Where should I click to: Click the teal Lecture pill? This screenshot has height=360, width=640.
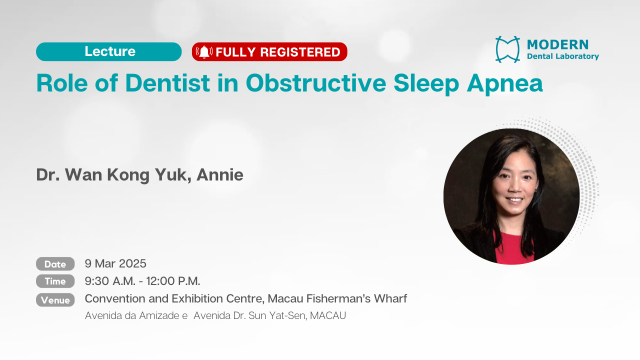[x=109, y=51]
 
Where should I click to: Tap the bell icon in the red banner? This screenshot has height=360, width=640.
[x=204, y=52]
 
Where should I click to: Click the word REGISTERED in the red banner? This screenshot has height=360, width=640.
[x=300, y=52]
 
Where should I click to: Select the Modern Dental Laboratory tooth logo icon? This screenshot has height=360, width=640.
[x=507, y=49]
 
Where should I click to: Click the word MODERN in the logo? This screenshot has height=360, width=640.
[x=557, y=44]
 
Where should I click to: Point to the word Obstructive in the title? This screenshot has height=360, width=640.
[x=316, y=83]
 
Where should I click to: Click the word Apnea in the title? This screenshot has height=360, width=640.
[x=505, y=84]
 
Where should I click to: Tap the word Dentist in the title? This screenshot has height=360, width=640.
[x=167, y=83]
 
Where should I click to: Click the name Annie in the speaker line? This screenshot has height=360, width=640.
[x=219, y=174]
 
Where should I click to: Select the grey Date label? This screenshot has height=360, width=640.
[x=55, y=263]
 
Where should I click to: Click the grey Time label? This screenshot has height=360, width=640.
[x=55, y=281]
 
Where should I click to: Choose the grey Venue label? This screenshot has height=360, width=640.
[x=55, y=300]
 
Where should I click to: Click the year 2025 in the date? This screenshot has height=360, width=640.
[x=132, y=263]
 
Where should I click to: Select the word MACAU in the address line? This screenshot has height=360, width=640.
[x=328, y=315]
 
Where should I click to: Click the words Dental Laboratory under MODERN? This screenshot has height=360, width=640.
[x=563, y=56]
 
